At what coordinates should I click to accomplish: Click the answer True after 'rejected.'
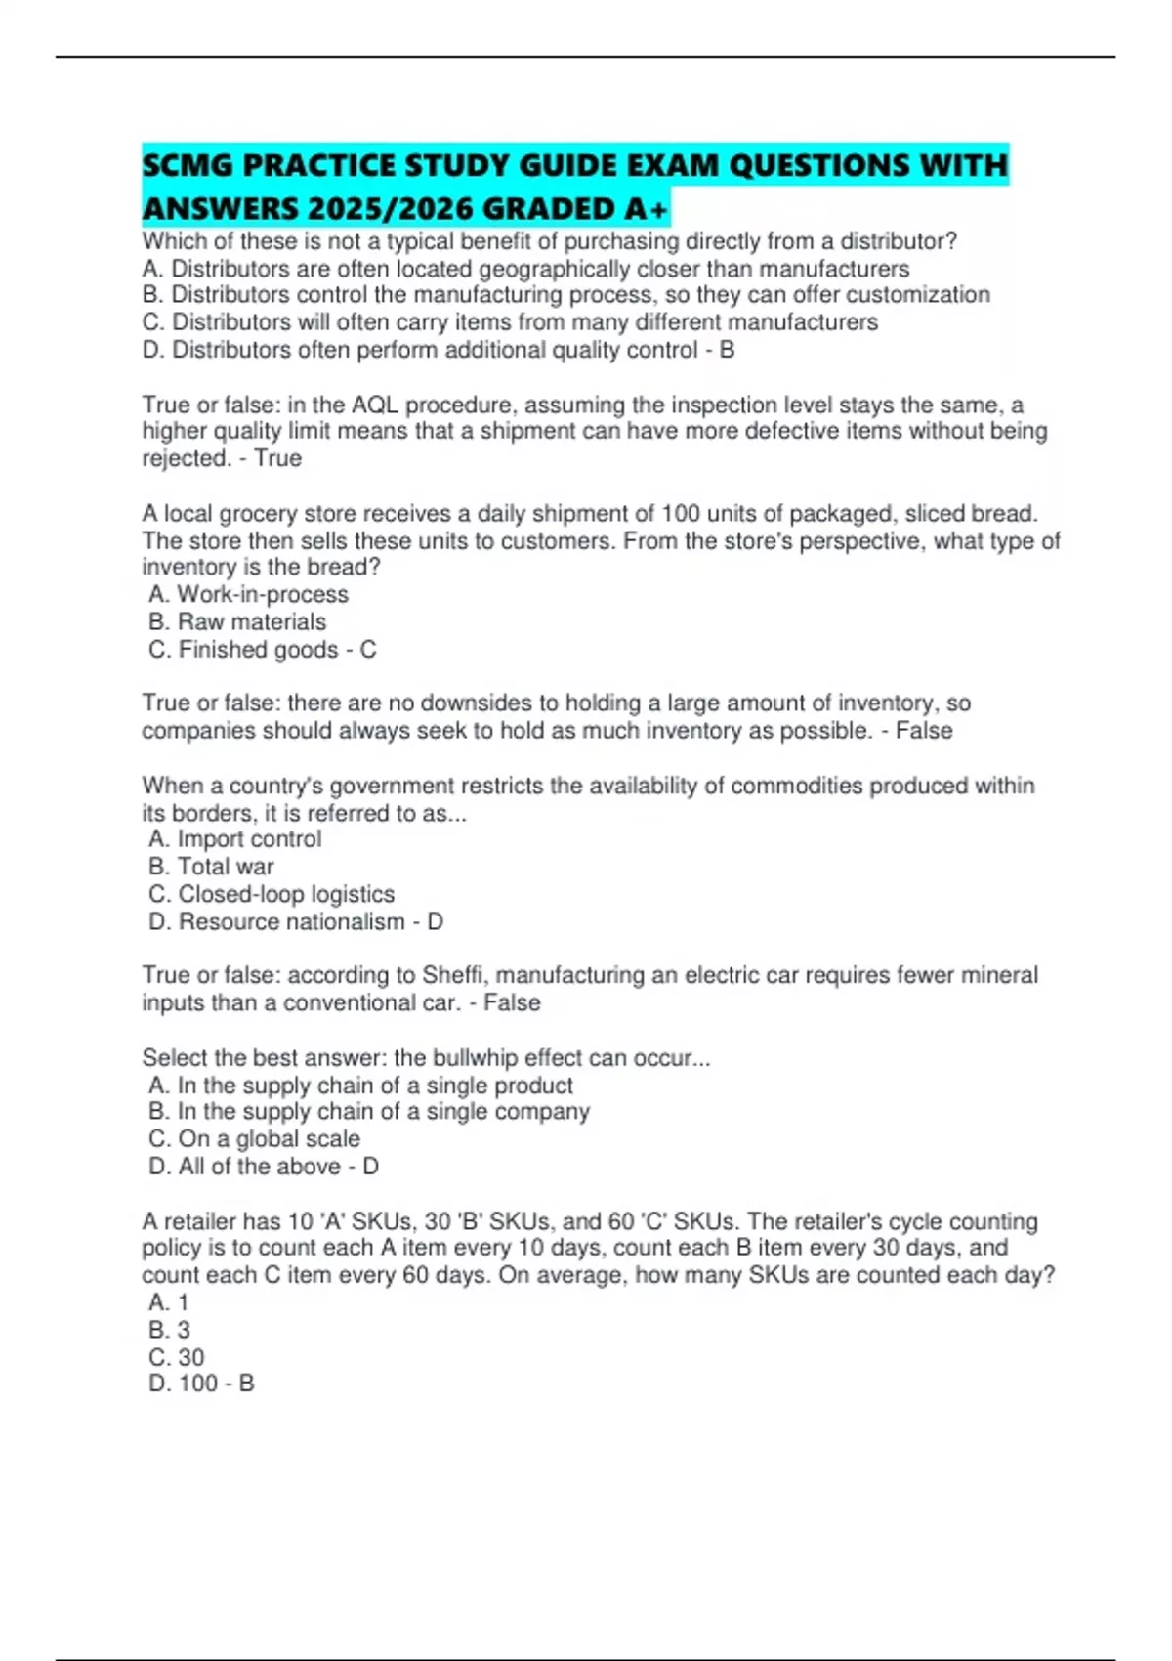pos(277,458)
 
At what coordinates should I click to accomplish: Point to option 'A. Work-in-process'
pos(249,594)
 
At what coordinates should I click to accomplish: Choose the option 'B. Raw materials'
pos(237,621)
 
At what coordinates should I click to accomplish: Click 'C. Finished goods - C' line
pos(262,649)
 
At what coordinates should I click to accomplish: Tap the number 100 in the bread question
pos(680,513)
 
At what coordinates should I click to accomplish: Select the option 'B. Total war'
pos(211,867)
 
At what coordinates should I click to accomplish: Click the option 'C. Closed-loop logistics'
pos(272,894)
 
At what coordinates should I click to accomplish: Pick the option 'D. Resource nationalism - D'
pos(295,921)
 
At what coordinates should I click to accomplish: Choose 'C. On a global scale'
pos(254,1139)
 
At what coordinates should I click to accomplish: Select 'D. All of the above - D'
pos(263,1167)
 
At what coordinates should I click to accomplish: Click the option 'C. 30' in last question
pos(177,1357)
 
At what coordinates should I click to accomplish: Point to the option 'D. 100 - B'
pos(201,1384)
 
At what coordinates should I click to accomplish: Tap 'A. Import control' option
pos(235,839)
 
